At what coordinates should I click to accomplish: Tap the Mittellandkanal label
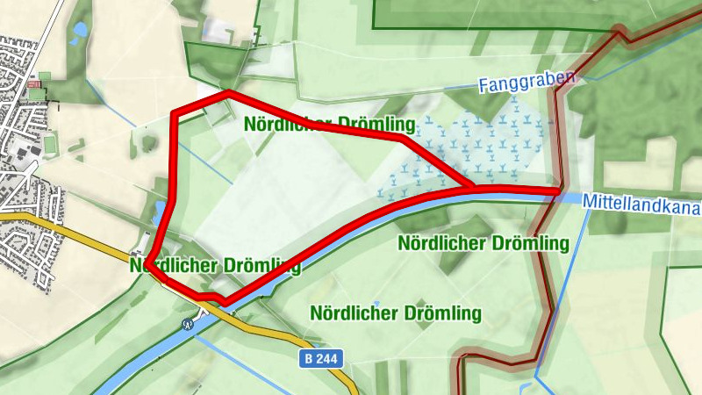tap(642, 204)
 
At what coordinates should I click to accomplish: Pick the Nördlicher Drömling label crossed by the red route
tap(214, 264)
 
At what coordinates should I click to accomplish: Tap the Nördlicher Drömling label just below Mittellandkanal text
tap(483, 242)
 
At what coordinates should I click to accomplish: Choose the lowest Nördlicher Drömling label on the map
tap(396, 312)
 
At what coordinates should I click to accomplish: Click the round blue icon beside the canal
tap(187, 324)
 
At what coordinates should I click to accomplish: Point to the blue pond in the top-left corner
tap(80, 30)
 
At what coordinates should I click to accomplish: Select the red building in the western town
tap(35, 85)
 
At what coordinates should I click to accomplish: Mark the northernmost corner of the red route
tap(228, 92)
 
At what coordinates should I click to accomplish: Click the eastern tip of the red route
tap(558, 190)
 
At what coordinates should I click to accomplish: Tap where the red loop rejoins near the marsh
tap(471, 188)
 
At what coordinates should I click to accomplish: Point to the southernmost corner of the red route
tap(226, 302)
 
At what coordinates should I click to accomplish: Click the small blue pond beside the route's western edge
tap(160, 211)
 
